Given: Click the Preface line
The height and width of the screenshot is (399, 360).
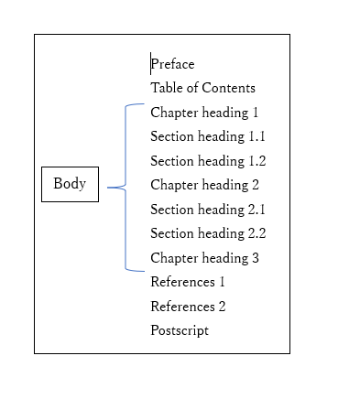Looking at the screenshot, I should (173, 64).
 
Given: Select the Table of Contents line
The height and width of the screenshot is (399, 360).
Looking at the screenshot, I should (202, 88).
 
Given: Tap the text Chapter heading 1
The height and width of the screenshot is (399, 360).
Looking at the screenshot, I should (204, 113).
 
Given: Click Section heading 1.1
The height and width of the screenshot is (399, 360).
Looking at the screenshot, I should (208, 136).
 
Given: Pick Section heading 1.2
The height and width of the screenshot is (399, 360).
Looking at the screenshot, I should (208, 161).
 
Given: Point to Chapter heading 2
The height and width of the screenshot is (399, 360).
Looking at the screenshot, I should (204, 185).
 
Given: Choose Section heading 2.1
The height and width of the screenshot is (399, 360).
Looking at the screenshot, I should (208, 210).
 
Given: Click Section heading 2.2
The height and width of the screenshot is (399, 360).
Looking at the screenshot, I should (208, 233).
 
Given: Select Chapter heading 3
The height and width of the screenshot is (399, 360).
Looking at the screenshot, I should (204, 258).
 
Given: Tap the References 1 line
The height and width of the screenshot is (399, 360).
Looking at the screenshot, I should (188, 282).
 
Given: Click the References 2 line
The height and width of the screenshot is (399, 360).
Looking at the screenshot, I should (188, 307).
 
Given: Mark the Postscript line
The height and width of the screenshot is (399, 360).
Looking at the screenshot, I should (180, 330).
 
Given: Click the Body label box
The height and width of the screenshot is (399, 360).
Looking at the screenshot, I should (70, 184).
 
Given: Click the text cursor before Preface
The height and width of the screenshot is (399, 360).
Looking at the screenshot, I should (151, 64).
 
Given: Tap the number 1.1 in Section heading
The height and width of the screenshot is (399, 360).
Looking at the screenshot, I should (256, 136).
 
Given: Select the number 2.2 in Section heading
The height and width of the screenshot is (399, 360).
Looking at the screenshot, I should (256, 233).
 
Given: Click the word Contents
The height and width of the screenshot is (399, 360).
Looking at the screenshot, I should (229, 88).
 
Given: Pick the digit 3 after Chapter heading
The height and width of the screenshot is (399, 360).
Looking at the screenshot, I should (255, 258).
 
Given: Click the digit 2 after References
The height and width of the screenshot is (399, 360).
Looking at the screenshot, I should (221, 307).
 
